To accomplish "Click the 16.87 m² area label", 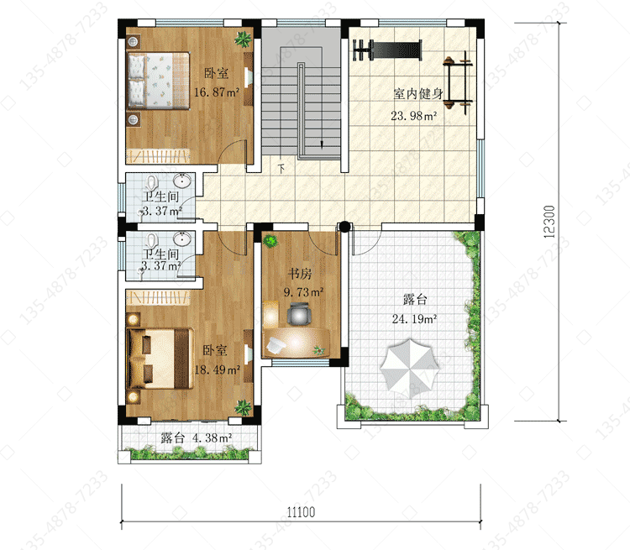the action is [217, 92].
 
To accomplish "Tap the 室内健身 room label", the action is [417, 94].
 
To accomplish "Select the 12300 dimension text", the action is [549, 222].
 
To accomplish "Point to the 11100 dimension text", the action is [301, 512].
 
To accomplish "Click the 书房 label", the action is [300, 274].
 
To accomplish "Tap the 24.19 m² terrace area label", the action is [414, 319].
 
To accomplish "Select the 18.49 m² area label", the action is [218, 369].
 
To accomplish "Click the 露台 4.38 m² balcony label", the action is [197, 437].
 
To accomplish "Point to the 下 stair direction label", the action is [281, 169].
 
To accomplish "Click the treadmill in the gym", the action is [388, 50].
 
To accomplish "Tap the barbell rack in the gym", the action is [458, 83].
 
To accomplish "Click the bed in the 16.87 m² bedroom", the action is [158, 81].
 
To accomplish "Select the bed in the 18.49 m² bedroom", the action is [160, 359].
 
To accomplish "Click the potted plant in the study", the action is [270, 241].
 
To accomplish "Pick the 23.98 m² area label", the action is [414, 116].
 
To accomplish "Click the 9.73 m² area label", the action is [304, 292].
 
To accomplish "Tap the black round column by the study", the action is [344, 227].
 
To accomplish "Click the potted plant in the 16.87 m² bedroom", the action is [243, 39].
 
